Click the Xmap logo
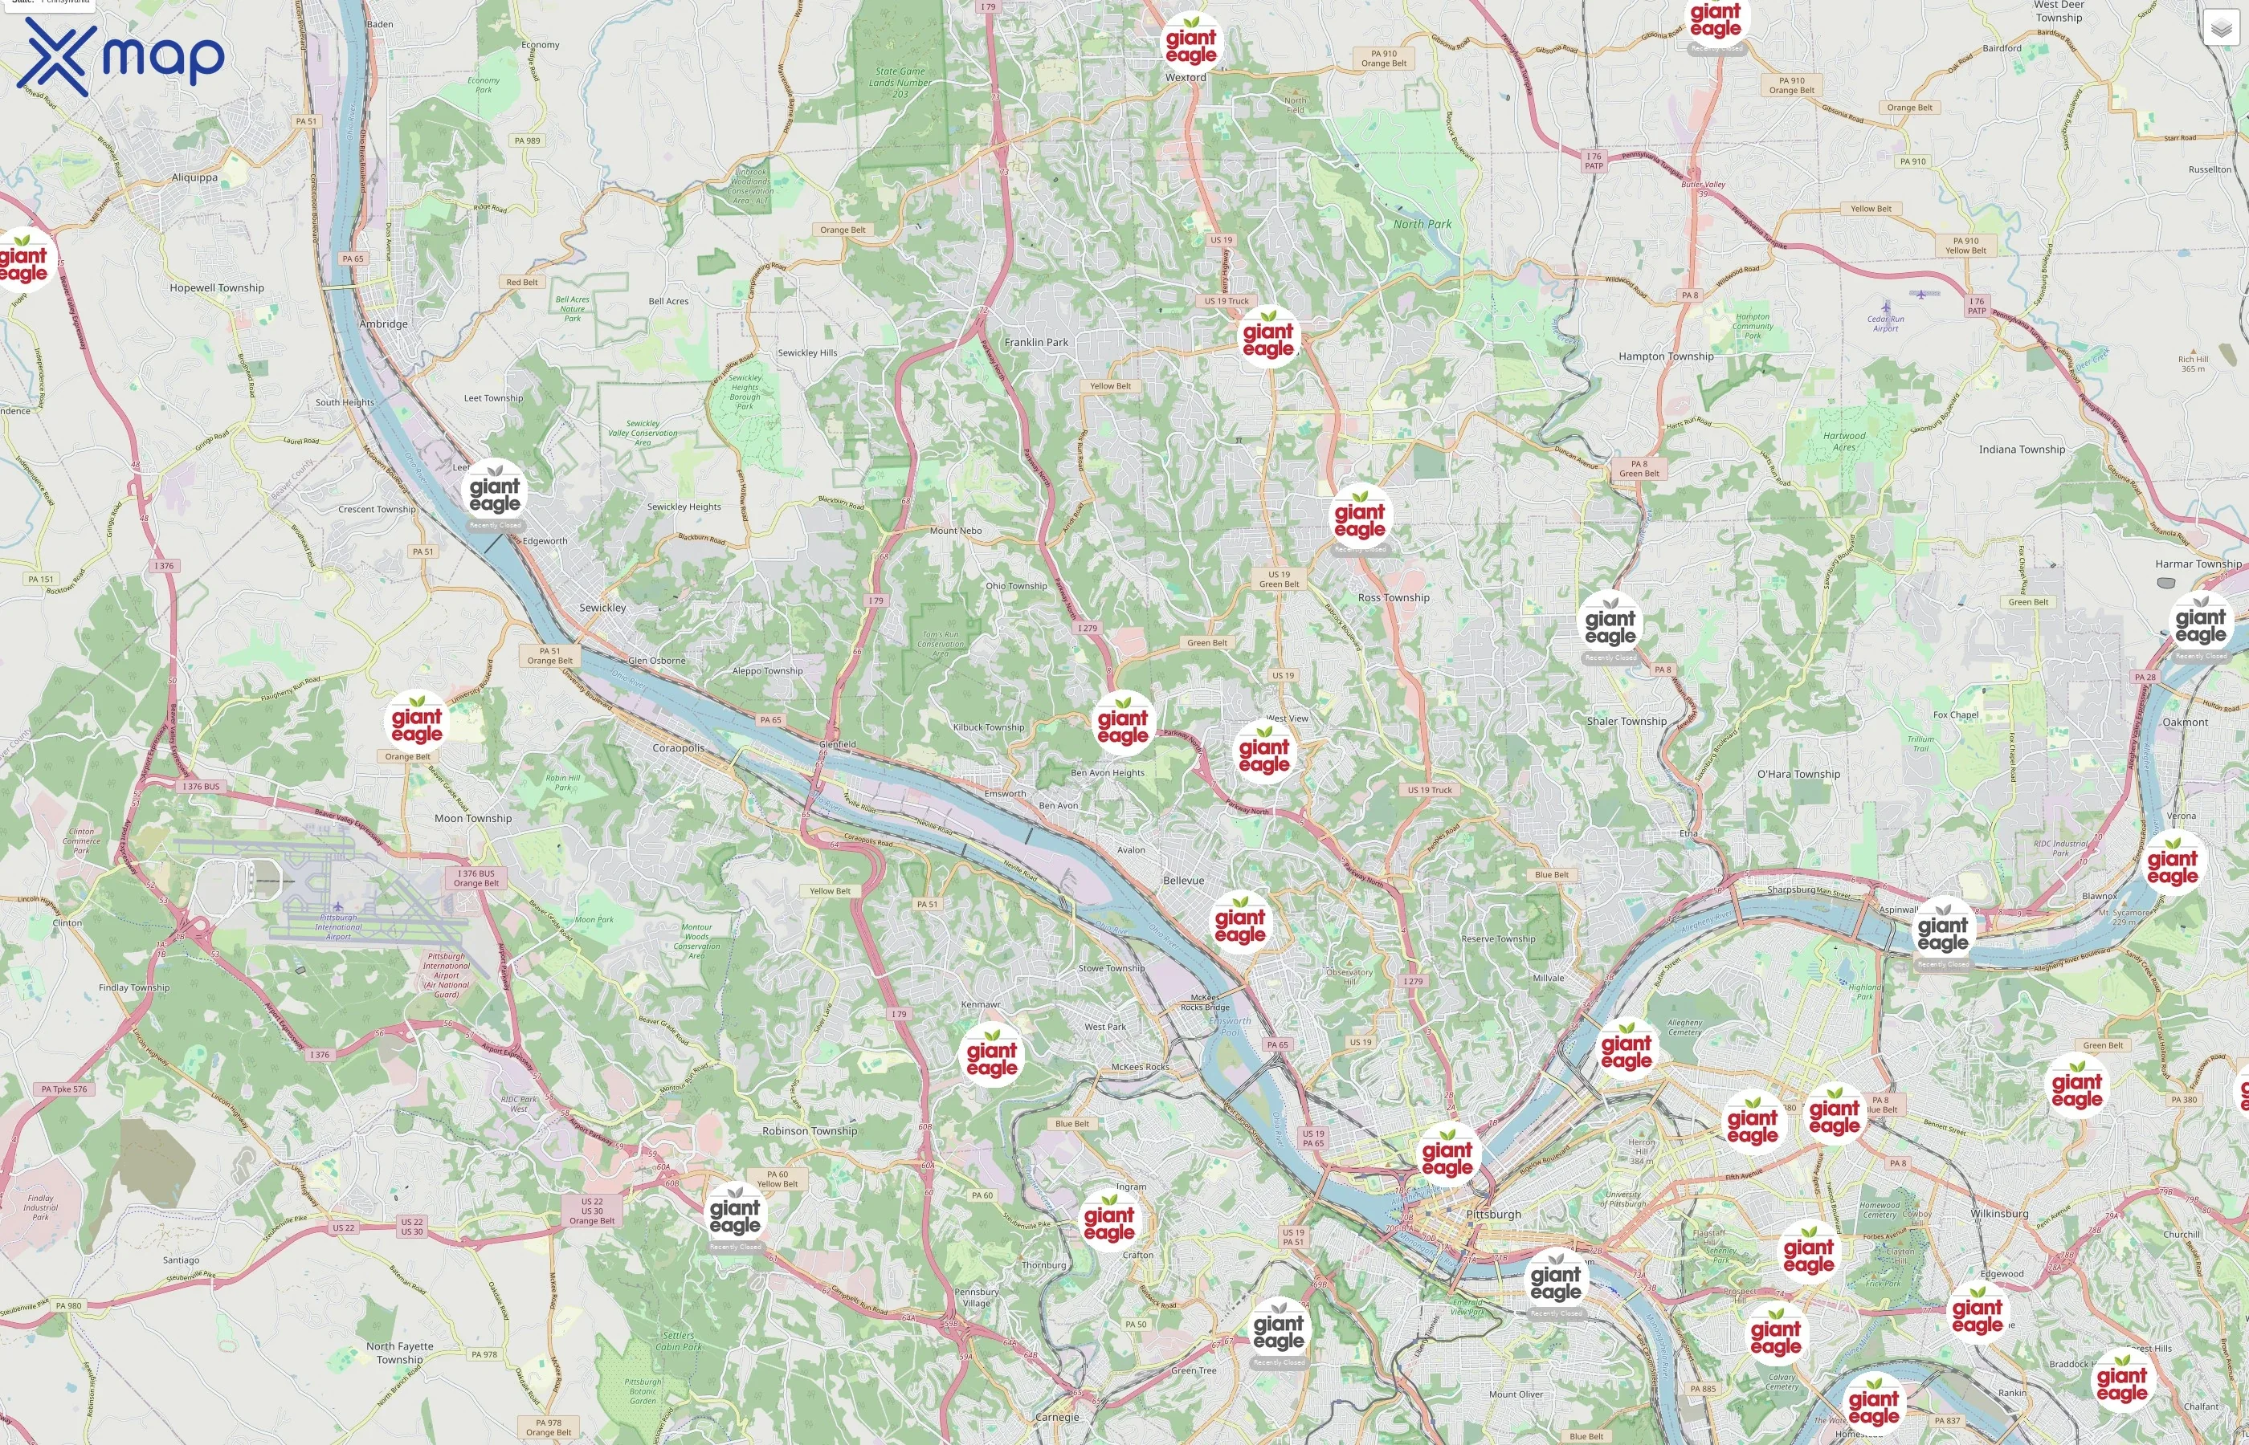click(x=120, y=57)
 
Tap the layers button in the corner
click(x=2220, y=28)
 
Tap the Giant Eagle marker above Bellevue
click(x=1240, y=923)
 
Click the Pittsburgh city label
click(x=1492, y=1214)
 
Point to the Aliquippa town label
click(x=194, y=177)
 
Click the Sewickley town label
click(x=602, y=608)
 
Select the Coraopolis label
click(x=678, y=748)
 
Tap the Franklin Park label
click(x=1036, y=343)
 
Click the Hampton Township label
click(x=1665, y=356)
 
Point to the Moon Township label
click(x=472, y=818)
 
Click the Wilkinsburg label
click(x=1999, y=1213)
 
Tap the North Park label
click(x=1422, y=224)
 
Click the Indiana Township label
click(x=2022, y=450)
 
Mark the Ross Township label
click(x=1393, y=598)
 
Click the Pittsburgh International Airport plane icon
click(x=337, y=906)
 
